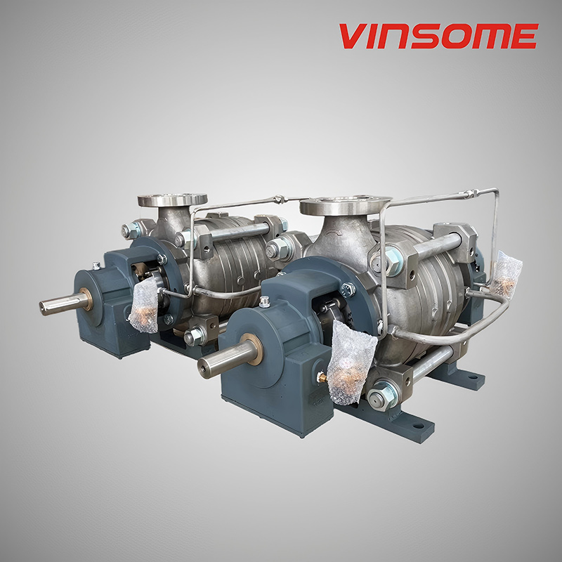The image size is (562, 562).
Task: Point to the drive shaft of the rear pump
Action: click(59, 304)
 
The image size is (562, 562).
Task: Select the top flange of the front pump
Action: click(345, 206)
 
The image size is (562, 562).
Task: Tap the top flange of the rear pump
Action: click(172, 200)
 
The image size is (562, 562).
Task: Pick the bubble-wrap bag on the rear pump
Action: click(145, 304)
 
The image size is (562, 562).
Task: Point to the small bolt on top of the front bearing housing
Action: click(264, 303)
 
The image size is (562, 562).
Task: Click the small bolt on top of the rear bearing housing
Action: click(96, 266)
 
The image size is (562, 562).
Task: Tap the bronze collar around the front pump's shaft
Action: click(250, 350)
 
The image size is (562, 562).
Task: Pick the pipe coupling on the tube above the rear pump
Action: click(279, 200)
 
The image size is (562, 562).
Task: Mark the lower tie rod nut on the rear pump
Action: click(191, 338)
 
